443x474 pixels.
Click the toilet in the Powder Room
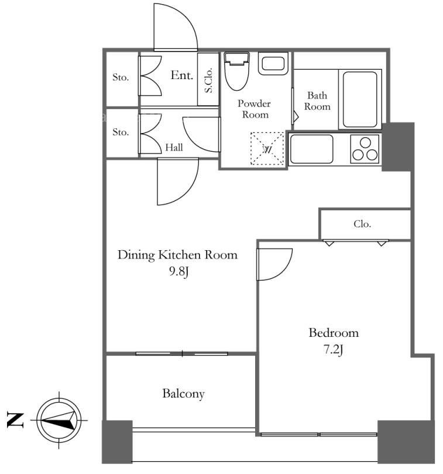(237, 71)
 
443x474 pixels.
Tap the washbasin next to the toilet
(273, 64)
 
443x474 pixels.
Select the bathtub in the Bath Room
(360, 99)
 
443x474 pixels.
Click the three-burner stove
(365, 149)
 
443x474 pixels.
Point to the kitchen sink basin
(311, 149)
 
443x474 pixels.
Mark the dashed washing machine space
(267, 148)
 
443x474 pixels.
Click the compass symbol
(59, 420)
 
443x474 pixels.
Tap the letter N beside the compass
(15, 420)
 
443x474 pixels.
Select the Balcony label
(183, 394)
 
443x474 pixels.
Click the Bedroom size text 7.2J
(334, 350)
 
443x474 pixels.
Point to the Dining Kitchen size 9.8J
(178, 271)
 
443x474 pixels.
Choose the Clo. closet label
(362, 224)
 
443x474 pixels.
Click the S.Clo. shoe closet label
(208, 80)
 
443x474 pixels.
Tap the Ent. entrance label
(182, 75)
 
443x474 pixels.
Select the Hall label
(174, 147)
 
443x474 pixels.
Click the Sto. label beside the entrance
(121, 77)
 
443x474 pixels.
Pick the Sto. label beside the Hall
(121, 132)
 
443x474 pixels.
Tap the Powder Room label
(254, 109)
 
